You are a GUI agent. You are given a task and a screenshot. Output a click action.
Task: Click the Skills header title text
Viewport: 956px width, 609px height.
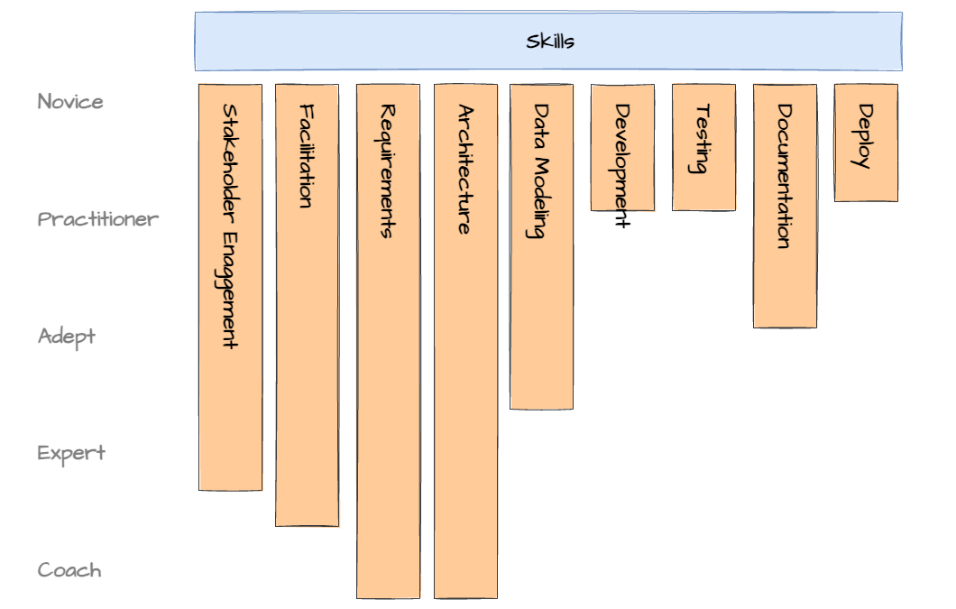tap(550, 42)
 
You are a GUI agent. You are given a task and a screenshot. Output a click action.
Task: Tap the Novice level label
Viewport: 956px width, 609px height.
tap(70, 102)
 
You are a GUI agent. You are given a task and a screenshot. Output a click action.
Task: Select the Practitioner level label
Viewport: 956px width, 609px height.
tap(98, 219)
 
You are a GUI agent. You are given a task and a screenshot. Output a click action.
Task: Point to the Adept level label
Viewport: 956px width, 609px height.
tap(67, 337)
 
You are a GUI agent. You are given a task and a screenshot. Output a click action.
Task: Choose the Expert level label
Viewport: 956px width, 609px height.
tap(71, 453)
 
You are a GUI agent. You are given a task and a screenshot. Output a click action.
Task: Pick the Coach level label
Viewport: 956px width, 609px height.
tap(69, 570)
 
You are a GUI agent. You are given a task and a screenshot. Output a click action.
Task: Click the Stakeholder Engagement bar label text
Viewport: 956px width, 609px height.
tap(230, 226)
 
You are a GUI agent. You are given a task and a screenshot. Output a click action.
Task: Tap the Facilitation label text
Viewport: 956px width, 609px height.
tap(308, 156)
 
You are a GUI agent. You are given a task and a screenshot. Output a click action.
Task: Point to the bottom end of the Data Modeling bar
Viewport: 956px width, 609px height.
tap(541, 408)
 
